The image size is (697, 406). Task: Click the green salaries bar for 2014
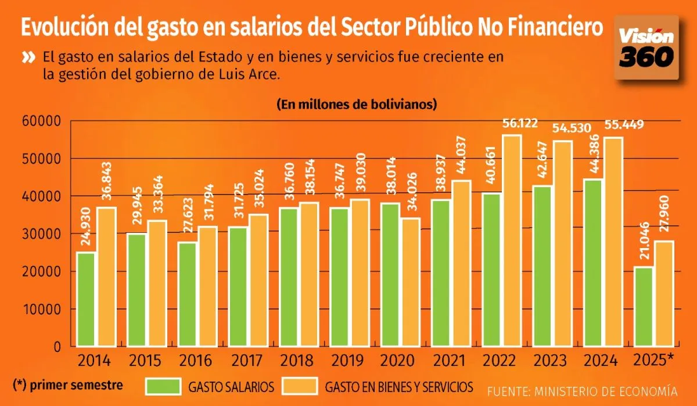(86, 299)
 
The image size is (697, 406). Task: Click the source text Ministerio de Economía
(582, 390)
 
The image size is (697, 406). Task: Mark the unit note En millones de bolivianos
(357, 105)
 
